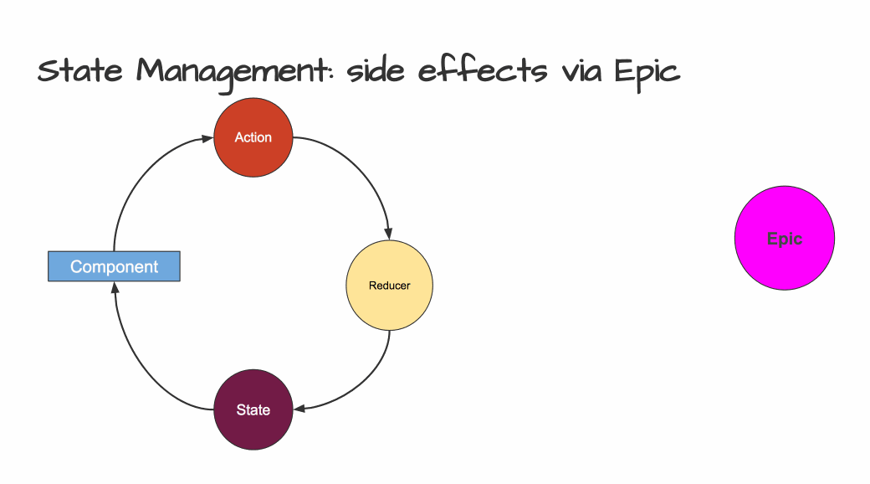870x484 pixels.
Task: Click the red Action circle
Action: [253, 137]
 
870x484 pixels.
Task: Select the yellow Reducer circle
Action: [390, 286]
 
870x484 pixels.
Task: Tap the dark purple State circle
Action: [253, 409]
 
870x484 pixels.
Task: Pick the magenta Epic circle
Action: [785, 239]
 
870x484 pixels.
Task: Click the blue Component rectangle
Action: [114, 266]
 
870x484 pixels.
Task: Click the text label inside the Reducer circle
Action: [390, 286]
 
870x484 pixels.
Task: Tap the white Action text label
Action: [253, 137]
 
